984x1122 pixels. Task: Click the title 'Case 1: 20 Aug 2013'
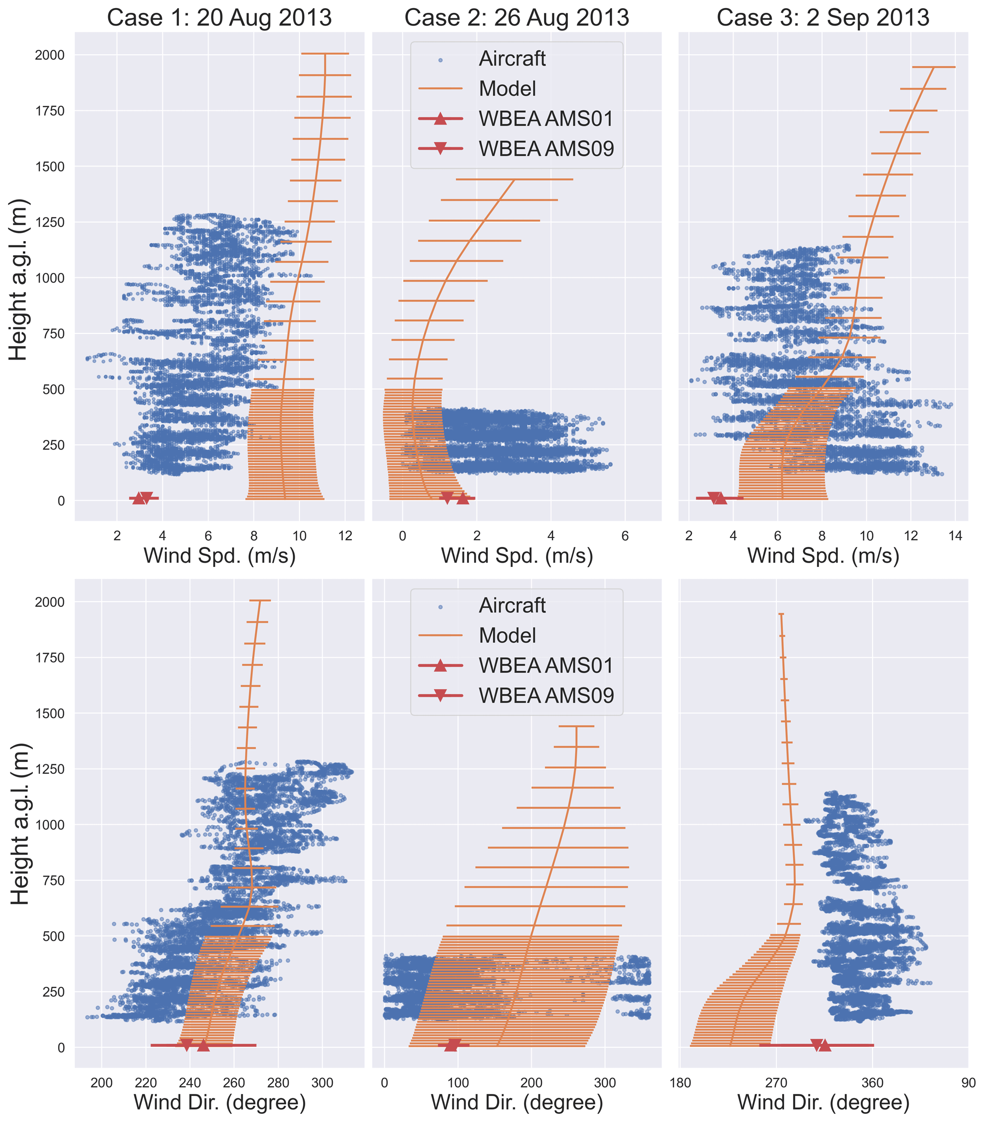coord(219,18)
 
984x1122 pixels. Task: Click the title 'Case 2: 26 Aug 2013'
coord(517,18)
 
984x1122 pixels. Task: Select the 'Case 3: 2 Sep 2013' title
coord(823,18)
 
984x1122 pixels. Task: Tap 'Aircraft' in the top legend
coord(512,59)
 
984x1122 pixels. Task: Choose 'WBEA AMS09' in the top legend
coord(546,149)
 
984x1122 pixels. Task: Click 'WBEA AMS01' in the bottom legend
coord(545,665)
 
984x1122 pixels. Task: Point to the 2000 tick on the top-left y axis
coord(50,55)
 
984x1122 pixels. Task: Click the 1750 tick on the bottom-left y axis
coord(50,658)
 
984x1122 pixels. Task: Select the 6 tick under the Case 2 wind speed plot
coord(625,536)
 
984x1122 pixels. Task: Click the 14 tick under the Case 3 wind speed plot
coord(955,536)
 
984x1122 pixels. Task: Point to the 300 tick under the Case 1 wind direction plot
coord(322,1083)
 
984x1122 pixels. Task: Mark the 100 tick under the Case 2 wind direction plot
coord(458,1083)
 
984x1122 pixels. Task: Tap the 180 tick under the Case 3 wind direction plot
coord(680,1083)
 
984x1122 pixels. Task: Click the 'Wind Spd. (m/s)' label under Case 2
coord(517,556)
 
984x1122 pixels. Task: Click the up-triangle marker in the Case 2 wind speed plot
coord(463,498)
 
